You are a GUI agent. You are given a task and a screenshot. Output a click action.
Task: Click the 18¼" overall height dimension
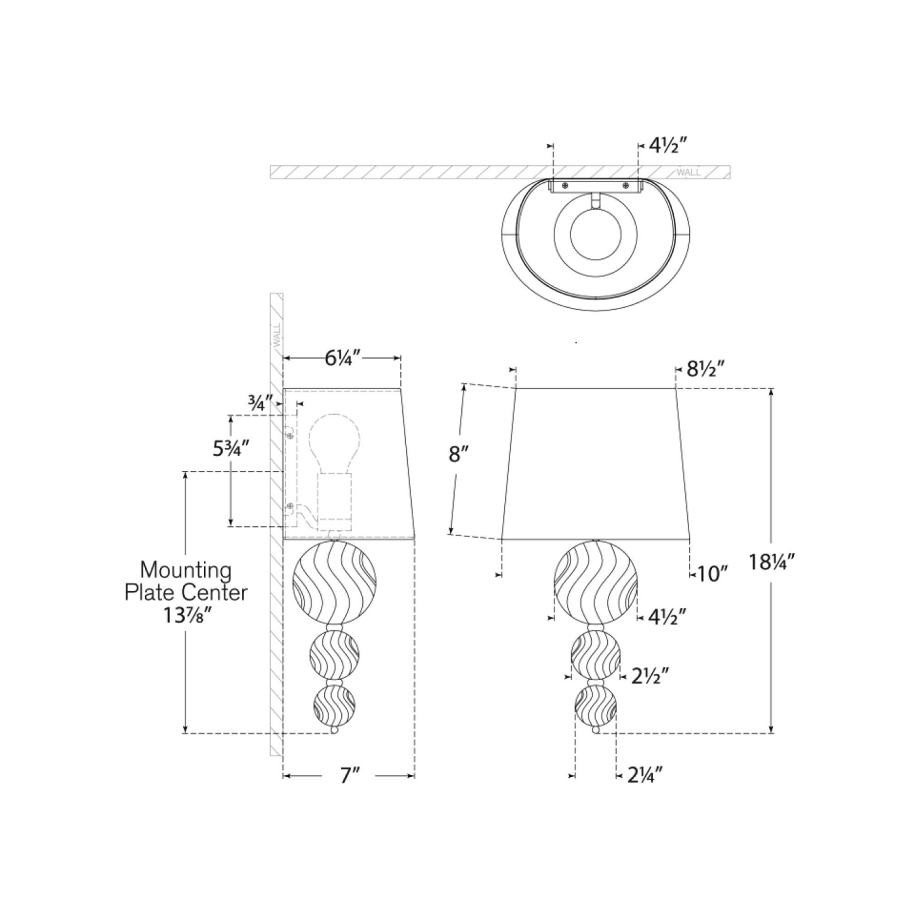(x=771, y=562)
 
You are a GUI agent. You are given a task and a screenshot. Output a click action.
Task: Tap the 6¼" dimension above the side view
(x=342, y=359)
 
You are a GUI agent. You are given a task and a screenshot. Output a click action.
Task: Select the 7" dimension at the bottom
(x=350, y=776)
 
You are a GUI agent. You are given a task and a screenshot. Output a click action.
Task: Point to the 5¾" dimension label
(x=231, y=448)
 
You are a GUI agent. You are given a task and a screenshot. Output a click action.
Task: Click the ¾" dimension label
(x=260, y=403)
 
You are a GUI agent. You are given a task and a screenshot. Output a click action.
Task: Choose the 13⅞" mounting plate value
(x=187, y=616)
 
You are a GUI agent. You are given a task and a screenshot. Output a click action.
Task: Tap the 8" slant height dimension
(x=458, y=454)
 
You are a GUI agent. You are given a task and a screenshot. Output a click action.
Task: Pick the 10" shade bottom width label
(x=712, y=575)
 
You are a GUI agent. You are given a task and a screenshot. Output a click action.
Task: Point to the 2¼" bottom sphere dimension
(x=645, y=775)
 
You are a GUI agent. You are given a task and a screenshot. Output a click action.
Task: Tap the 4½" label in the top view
(x=668, y=146)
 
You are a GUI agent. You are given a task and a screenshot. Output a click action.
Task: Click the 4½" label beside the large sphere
(x=667, y=617)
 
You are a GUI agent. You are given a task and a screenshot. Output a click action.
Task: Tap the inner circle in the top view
(x=595, y=234)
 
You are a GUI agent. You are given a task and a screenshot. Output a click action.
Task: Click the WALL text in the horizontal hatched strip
(x=688, y=172)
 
